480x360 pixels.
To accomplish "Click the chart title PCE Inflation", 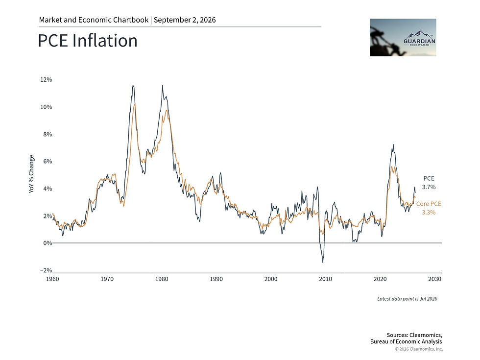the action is pos(88,41).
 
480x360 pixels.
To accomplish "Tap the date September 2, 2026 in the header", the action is pos(185,20).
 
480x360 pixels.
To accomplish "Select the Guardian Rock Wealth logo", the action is pos(403,37).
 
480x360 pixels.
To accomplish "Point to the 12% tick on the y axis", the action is pos(46,79).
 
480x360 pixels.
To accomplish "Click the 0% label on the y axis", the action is pos(48,243).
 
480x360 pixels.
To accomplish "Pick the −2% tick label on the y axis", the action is pos(46,270).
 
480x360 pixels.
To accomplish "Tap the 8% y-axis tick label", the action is pos(48,134).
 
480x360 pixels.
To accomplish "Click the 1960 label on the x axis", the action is pos(52,279).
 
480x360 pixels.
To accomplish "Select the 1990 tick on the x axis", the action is pos(216,279).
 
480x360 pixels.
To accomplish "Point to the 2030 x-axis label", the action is pos(435,279).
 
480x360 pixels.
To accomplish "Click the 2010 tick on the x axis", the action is pos(325,279).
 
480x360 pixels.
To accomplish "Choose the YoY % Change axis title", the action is pos(31,174).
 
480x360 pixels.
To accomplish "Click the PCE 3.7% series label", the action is pos(429,183).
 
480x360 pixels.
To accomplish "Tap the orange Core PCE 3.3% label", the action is pos(429,208).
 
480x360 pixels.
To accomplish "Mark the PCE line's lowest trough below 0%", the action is pos(323,263).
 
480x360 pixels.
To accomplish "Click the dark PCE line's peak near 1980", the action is pos(163,85).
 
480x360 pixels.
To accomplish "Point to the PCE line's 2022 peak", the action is pos(393,145).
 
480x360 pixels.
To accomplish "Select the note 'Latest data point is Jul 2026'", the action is pos(407,299).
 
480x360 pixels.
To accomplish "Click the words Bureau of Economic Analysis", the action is pos(406,342).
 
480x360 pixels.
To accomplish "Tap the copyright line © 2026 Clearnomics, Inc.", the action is pos(419,349).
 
